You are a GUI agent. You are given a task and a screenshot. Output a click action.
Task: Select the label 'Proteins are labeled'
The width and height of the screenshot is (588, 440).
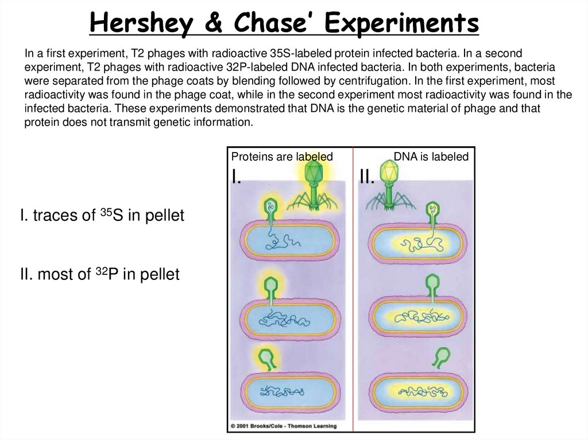click(281, 157)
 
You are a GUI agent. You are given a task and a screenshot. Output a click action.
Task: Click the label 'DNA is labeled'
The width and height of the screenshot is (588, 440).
click(431, 157)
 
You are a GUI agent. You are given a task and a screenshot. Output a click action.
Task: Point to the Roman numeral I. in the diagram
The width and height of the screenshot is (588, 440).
click(236, 177)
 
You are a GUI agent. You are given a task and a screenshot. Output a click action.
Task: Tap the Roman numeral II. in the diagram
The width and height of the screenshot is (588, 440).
click(367, 177)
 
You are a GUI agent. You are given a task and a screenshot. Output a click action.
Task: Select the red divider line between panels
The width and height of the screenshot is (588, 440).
click(353, 287)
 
